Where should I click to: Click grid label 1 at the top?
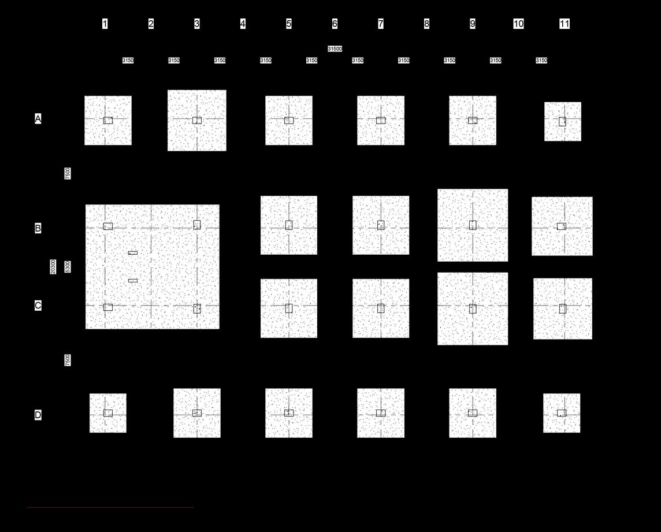[x=105, y=24]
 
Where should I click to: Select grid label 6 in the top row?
[x=335, y=24]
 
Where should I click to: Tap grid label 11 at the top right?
[x=565, y=24]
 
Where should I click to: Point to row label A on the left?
[x=38, y=119]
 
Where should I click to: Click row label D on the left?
[x=38, y=415]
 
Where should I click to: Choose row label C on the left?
[x=38, y=306]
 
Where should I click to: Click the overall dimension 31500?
[x=335, y=49]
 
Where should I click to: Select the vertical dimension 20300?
[x=53, y=267]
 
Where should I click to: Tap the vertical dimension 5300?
[x=68, y=267]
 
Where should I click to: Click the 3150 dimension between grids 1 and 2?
[x=128, y=61]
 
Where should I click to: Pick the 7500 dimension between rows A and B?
[x=68, y=173]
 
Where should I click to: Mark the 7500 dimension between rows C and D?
[x=68, y=360]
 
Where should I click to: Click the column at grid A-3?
[x=197, y=120]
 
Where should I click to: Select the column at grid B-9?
[x=473, y=225]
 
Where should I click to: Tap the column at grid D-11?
[x=562, y=413]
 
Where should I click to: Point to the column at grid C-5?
[x=289, y=308]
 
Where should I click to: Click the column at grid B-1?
[x=108, y=226]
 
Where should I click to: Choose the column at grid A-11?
[x=562, y=121]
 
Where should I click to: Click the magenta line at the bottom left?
[x=110, y=508]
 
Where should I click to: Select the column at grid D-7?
[x=381, y=413]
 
